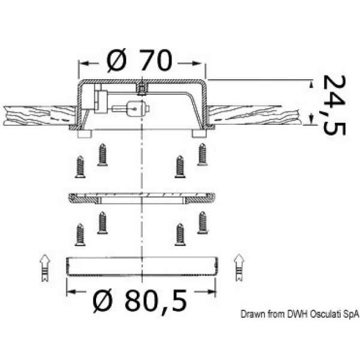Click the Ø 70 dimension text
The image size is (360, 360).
[140, 60]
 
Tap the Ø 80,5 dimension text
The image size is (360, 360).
[140, 301]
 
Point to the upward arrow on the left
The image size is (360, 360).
[45, 268]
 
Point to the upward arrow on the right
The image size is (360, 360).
[239, 268]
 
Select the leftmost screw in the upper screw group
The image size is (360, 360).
[80, 167]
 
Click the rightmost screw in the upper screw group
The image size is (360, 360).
[202, 154]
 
